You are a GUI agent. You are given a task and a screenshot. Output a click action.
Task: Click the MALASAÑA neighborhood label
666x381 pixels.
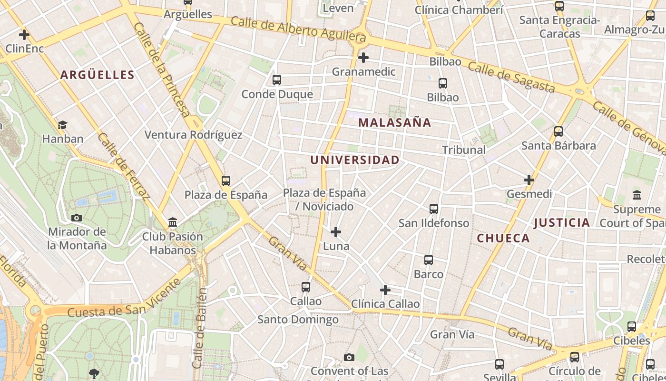tap(394, 122)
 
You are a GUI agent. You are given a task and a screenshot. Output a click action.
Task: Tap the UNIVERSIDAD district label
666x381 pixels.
tap(355, 160)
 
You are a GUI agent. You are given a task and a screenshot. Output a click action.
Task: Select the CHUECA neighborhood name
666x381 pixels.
tap(503, 238)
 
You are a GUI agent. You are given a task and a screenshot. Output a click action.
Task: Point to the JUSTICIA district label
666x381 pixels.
tap(561, 222)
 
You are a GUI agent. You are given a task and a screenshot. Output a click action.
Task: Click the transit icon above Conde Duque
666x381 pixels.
tap(276, 80)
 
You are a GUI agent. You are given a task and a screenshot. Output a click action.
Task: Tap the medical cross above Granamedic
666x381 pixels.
tap(363, 58)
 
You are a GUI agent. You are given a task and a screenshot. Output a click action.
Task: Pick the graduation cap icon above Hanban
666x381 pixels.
tap(62, 125)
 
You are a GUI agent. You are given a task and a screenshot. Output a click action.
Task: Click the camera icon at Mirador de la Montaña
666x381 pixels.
tap(76, 218)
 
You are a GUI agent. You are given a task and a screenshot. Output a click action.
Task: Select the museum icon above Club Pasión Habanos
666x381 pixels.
tap(173, 222)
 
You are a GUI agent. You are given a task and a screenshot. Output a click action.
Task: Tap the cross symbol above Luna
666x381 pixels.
tap(336, 232)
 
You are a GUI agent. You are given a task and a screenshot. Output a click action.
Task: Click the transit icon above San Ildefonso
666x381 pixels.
tap(433, 209)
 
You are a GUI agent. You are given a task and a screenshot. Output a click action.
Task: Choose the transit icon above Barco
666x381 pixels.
tap(428, 260)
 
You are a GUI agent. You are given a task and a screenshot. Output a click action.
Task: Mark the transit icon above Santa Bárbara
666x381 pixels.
tap(558, 131)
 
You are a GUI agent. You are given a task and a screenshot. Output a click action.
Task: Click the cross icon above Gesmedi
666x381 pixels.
tap(529, 180)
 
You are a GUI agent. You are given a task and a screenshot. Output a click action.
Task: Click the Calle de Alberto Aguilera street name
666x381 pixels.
tap(298, 29)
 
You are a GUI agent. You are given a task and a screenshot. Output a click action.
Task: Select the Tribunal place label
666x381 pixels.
tap(464, 150)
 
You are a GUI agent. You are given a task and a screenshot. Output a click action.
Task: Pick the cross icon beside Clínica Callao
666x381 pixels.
tap(385, 290)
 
